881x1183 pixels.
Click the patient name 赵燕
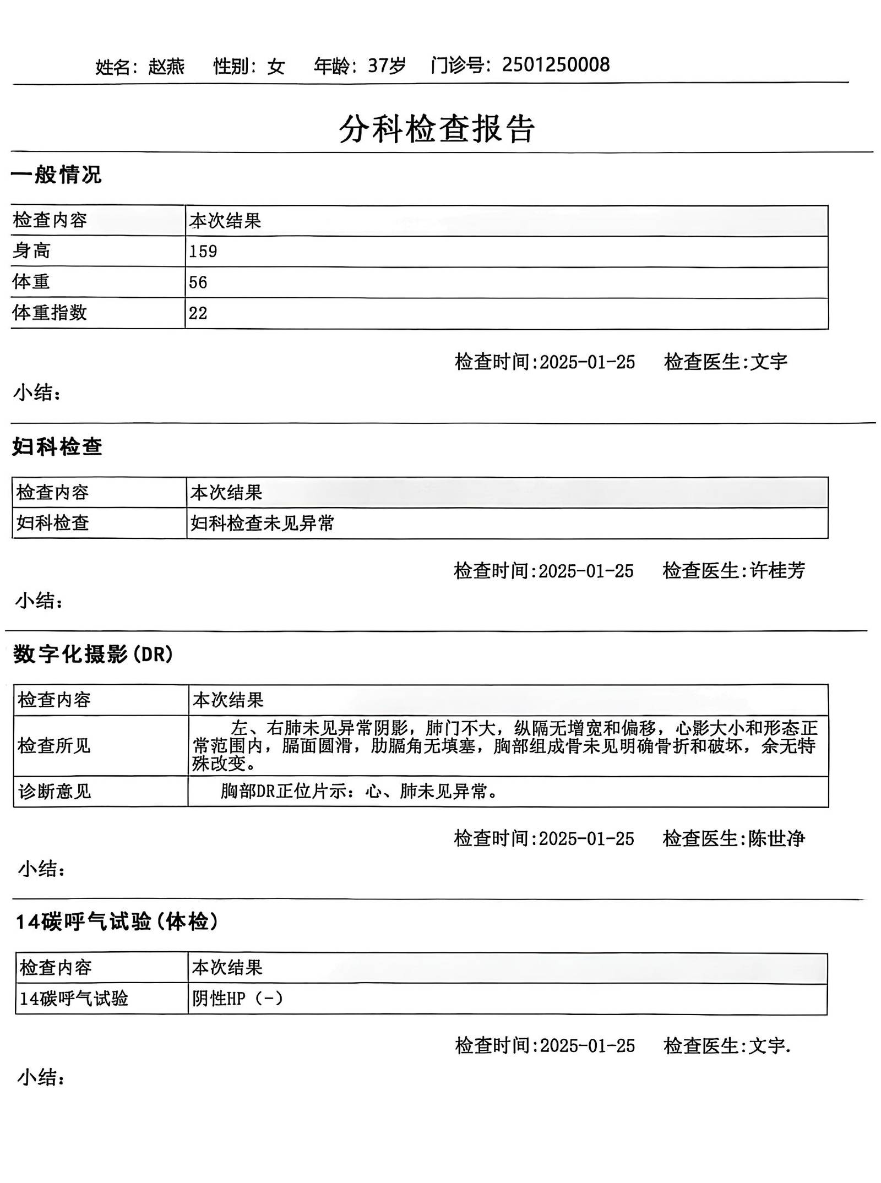click(166, 67)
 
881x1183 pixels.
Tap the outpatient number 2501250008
click(556, 65)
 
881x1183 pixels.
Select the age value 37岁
click(387, 66)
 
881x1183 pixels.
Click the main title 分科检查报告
click(437, 129)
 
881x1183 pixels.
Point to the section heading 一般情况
click(56, 175)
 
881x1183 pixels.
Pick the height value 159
click(203, 252)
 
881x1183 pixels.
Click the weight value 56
click(198, 282)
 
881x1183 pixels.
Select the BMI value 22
click(198, 313)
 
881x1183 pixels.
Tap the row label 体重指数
click(50, 313)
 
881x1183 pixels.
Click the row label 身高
click(31, 251)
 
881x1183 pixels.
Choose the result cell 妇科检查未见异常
click(262, 523)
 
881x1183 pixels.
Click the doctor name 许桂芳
click(777, 570)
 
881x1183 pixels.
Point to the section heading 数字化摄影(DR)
click(94, 655)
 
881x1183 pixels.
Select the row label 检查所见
click(54, 746)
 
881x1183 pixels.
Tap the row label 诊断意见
click(54, 792)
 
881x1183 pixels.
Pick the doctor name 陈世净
click(776, 838)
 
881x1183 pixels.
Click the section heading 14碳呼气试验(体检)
click(117, 922)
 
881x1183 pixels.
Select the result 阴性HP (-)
click(237, 998)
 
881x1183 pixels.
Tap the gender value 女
click(276, 67)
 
